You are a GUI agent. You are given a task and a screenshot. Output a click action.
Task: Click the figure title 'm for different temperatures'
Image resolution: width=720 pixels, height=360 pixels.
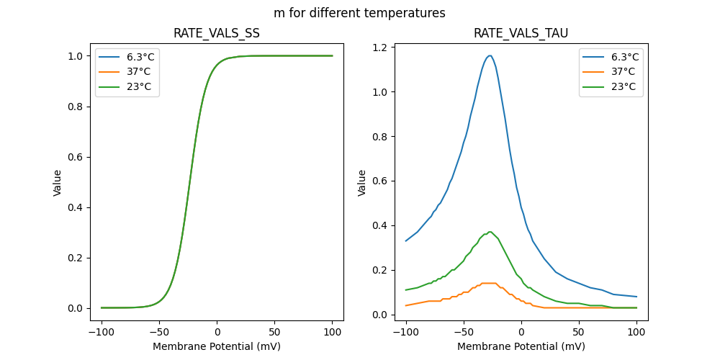point(359,13)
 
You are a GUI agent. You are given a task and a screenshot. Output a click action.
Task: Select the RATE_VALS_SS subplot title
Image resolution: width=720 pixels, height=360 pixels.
point(217,33)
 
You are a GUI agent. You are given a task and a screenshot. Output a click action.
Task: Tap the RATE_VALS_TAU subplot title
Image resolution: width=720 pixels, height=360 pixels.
point(521,33)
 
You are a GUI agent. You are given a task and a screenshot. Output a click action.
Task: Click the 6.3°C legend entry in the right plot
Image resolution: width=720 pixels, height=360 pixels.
point(624,57)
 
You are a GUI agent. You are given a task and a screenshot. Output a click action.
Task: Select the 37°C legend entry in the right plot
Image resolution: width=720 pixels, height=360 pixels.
point(623,71)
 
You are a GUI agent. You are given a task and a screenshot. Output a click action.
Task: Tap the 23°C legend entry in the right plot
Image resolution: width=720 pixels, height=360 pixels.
point(623,86)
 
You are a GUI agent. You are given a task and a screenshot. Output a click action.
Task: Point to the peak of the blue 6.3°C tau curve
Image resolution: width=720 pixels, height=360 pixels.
point(490,55)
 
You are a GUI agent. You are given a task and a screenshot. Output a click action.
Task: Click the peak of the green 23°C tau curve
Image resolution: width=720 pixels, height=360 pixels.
point(490,232)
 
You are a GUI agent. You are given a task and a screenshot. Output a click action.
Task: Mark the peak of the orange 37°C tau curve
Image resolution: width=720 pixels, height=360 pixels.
point(488,283)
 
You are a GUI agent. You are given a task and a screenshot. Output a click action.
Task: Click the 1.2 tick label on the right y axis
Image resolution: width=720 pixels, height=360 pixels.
point(379,48)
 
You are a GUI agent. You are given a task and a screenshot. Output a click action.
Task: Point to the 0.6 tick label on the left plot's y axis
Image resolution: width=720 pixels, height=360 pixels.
point(75,157)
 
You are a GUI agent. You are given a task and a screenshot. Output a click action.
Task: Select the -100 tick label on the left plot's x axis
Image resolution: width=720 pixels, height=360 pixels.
point(101,333)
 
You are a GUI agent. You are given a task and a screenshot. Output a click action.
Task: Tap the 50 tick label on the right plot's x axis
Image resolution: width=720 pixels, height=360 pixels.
point(578,333)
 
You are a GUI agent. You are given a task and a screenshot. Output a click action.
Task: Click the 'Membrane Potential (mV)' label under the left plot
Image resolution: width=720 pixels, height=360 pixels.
point(217,346)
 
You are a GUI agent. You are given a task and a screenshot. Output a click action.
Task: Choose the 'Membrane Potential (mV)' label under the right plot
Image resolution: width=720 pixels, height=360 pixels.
point(521,346)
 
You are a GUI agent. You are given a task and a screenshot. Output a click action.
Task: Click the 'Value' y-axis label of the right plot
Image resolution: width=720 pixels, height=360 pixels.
point(362,182)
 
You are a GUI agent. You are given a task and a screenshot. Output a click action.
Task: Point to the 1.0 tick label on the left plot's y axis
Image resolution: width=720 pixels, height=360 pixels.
point(75,56)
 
